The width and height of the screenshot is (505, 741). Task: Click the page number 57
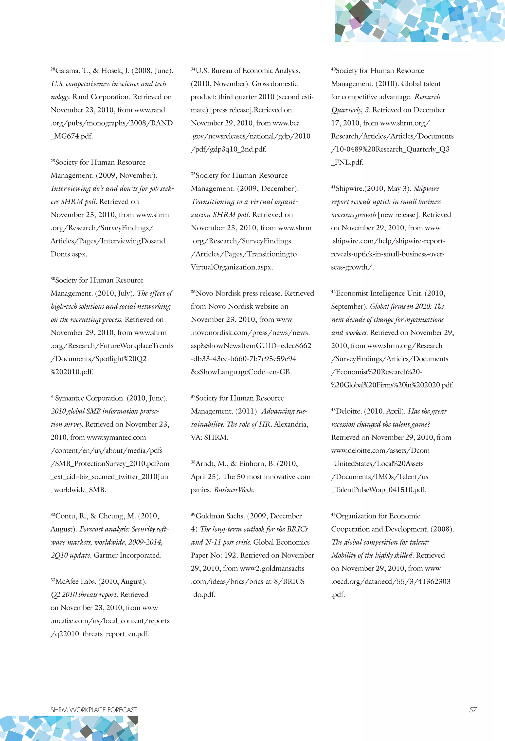(473, 710)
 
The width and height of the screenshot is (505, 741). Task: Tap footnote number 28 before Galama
(53, 69)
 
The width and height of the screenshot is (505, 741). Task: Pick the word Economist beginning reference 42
(352, 293)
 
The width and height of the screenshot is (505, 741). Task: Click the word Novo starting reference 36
(205, 293)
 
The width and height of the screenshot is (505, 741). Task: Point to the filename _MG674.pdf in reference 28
(72, 136)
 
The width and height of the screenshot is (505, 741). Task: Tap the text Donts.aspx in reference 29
(69, 254)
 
